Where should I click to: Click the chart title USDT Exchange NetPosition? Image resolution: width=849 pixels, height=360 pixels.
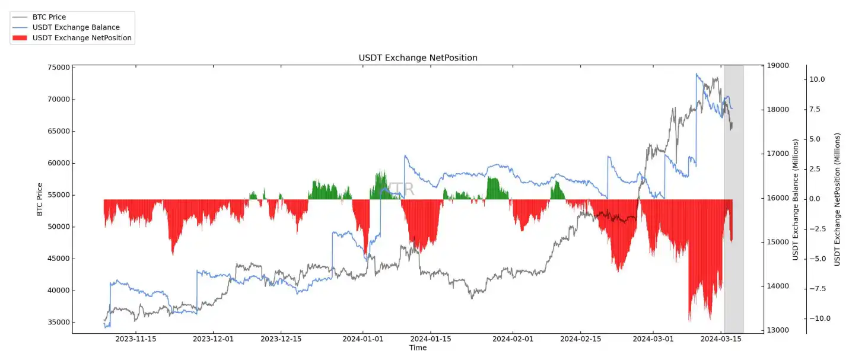(x=418, y=58)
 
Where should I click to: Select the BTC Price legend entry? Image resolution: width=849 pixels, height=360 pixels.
(x=49, y=17)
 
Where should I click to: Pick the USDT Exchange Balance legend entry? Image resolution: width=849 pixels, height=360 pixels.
(x=76, y=27)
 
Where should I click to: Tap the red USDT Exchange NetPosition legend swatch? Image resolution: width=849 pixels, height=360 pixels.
(x=20, y=38)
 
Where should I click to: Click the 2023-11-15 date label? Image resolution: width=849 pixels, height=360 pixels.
(x=136, y=339)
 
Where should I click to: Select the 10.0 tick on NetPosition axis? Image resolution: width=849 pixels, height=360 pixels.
(x=822, y=79)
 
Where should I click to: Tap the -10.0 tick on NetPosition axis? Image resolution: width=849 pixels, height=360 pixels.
(x=821, y=318)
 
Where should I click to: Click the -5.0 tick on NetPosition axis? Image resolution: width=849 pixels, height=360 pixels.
(x=822, y=259)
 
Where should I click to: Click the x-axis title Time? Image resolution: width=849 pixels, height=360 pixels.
(x=418, y=348)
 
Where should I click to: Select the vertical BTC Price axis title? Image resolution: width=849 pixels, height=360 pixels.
(x=40, y=199)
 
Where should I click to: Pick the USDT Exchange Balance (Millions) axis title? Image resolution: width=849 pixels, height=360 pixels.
(x=795, y=199)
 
